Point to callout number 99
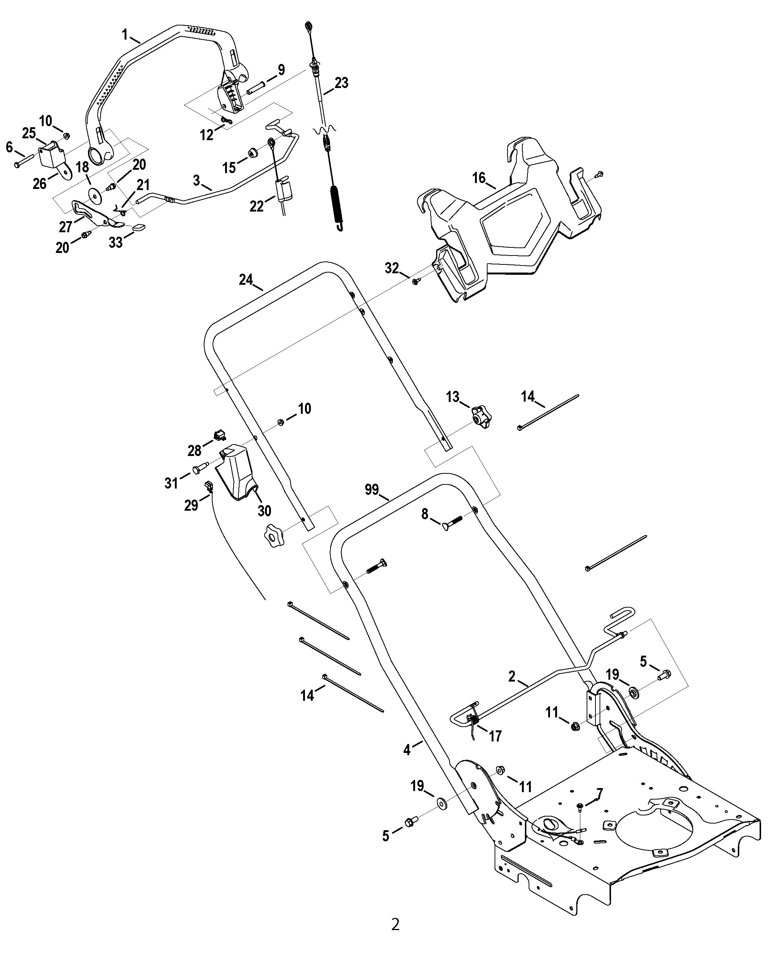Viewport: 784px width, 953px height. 372,490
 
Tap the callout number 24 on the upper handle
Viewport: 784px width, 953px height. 246,280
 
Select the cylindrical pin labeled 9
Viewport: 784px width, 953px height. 257,87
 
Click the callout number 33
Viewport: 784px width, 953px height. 116,242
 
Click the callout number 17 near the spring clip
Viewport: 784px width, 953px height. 495,736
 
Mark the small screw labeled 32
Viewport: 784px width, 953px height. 416,281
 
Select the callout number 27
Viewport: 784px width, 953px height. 66,226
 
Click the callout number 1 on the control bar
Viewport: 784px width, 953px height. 125,34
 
